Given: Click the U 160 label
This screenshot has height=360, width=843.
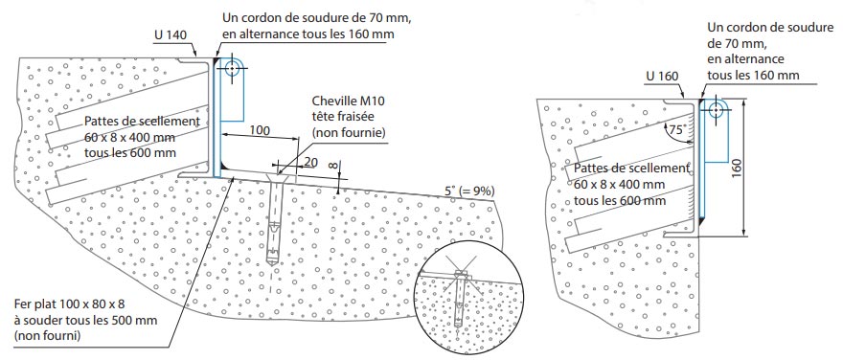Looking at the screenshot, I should click(x=663, y=75).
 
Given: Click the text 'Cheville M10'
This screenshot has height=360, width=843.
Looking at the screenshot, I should click(x=351, y=102).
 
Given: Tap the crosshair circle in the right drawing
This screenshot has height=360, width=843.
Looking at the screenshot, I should click(x=714, y=108).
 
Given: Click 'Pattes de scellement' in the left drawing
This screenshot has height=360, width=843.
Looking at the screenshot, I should click(x=142, y=122).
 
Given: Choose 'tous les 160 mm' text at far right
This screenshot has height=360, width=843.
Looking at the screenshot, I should click(x=753, y=75).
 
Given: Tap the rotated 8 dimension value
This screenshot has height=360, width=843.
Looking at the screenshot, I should click(x=332, y=165).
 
